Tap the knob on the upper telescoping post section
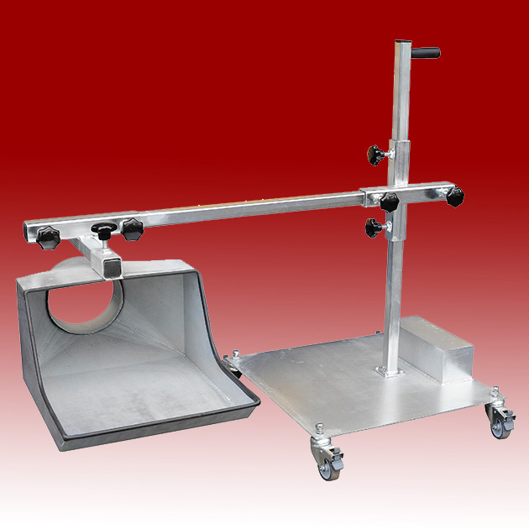click(x=374, y=154)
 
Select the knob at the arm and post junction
click(x=389, y=202)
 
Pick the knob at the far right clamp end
click(x=454, y=198)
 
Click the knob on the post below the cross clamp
click(x=374, y=226)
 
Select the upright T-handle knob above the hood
click(x=103, y=230)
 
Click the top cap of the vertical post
click(x=401, y=42)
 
